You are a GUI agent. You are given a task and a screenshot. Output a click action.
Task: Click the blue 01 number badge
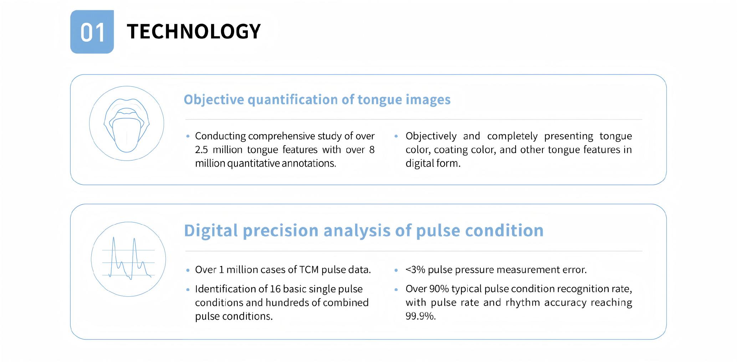tap(92, 32)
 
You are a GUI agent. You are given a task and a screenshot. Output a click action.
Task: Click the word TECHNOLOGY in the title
tap(194, 31)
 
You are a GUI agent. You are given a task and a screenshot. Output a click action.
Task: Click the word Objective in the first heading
tap(214, 100)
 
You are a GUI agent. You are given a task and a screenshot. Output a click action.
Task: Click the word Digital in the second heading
tap(211, 231)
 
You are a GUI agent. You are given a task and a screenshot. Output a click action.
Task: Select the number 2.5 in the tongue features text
tap(201, 150)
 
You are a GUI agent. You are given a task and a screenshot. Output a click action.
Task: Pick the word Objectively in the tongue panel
tap(431, 136)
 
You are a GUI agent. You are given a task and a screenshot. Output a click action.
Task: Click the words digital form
tap(433, 163)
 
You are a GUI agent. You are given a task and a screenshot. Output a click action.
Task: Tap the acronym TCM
tap(309, 270)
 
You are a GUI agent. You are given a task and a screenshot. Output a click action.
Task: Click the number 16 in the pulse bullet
tap(276, 289)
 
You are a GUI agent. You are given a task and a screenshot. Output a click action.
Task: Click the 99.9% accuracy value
tap(420, 316)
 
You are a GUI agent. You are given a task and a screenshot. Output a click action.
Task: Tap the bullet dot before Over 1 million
tap(188, 270)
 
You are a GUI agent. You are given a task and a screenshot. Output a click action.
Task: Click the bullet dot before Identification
tap(188, 290)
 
